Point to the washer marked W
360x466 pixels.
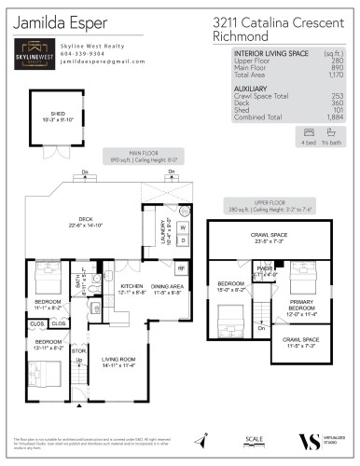coord(182,226)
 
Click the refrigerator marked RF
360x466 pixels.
coord(181,268)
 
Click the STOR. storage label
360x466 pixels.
coord(78,350)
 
